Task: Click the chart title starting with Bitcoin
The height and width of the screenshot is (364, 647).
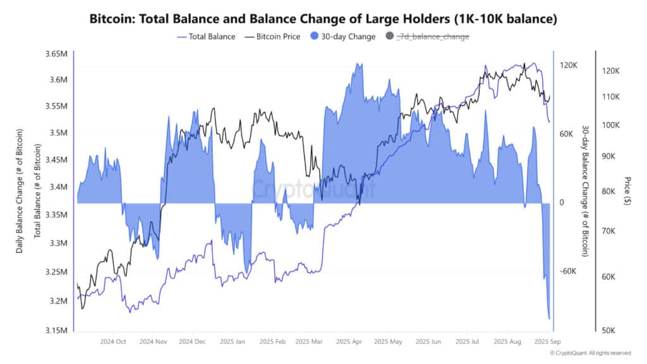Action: click(323, 20)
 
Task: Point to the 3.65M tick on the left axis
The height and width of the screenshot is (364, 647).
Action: click(56, 54)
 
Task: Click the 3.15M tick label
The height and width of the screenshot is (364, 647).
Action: click(56, 330)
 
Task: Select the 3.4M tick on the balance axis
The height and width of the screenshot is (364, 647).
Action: click(58, 187)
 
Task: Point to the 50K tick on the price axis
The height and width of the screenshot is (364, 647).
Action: click(610, 330)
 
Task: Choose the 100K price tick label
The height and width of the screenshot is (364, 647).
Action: click(610, 124)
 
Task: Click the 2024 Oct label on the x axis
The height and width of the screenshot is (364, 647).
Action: click(113, 341)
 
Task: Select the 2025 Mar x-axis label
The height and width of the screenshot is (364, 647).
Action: click(310, 341)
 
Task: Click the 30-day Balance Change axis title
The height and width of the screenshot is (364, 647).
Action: click(586, 190)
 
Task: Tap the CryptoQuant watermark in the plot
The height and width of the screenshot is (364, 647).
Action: click(314, 188)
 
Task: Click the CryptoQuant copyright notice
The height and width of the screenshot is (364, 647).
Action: click(590, 353)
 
